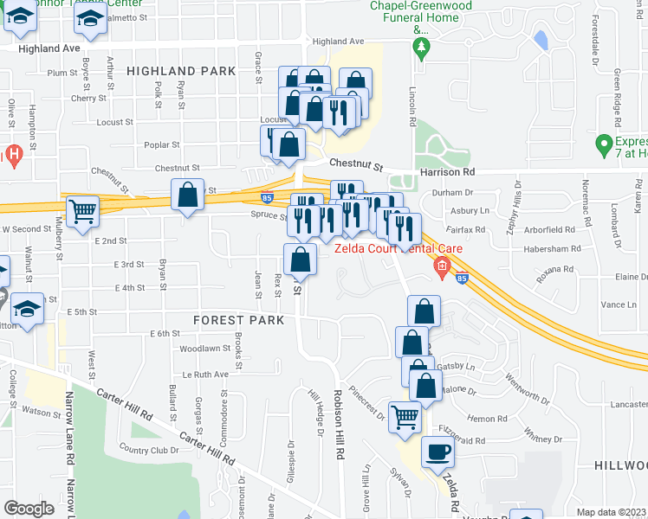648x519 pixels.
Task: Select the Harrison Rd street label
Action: pyautogui.click(x=446, y=172)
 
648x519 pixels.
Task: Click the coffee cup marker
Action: pyautogui.click(x=438, y=452)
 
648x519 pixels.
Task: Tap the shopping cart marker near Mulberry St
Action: pyautogui.click(x=82, y=211)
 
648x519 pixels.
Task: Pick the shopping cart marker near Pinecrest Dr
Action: pyautogui.click(x=405, y=418)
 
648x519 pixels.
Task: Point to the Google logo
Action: pyautogui.click(x=29, y=509)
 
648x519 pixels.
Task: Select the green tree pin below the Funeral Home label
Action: pyautogui.click(x=422, y=48)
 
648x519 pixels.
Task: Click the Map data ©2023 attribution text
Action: pyautogui.click(x=612, y=512)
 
